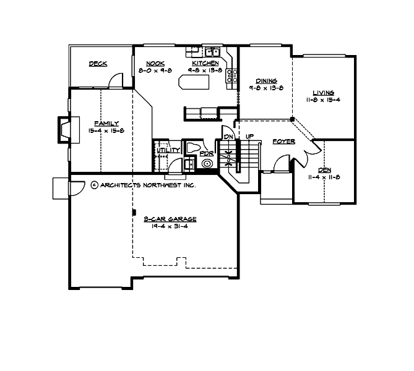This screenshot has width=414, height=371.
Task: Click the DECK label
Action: tap(98, 64)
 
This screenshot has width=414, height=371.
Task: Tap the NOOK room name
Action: tap(155, 64)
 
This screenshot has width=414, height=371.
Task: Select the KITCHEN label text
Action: tap(204, 64)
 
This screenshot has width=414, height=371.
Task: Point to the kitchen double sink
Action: tap(213, 52)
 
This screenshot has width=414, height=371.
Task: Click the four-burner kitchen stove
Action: tap(233, 75)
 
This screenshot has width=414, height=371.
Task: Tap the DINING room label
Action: tap(266, 81)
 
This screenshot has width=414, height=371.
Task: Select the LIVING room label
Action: tap(323, 93)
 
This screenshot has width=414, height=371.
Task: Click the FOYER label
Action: tap(283, 142)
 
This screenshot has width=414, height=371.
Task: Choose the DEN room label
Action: tap(325, 170)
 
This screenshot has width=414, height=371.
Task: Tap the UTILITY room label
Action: tap(168, 150)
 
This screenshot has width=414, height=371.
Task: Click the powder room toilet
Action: tap(193, 148)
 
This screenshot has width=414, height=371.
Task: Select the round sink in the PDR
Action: tap(206, 164)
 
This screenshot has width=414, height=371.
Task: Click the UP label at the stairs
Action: tap(249, 137)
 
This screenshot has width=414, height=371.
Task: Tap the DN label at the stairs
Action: tap(228, 137)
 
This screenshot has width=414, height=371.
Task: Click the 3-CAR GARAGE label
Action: tap(162, 219)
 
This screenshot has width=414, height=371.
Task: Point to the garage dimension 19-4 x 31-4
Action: tap(162, 226)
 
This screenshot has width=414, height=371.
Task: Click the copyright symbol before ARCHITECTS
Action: tap(94, 184)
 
